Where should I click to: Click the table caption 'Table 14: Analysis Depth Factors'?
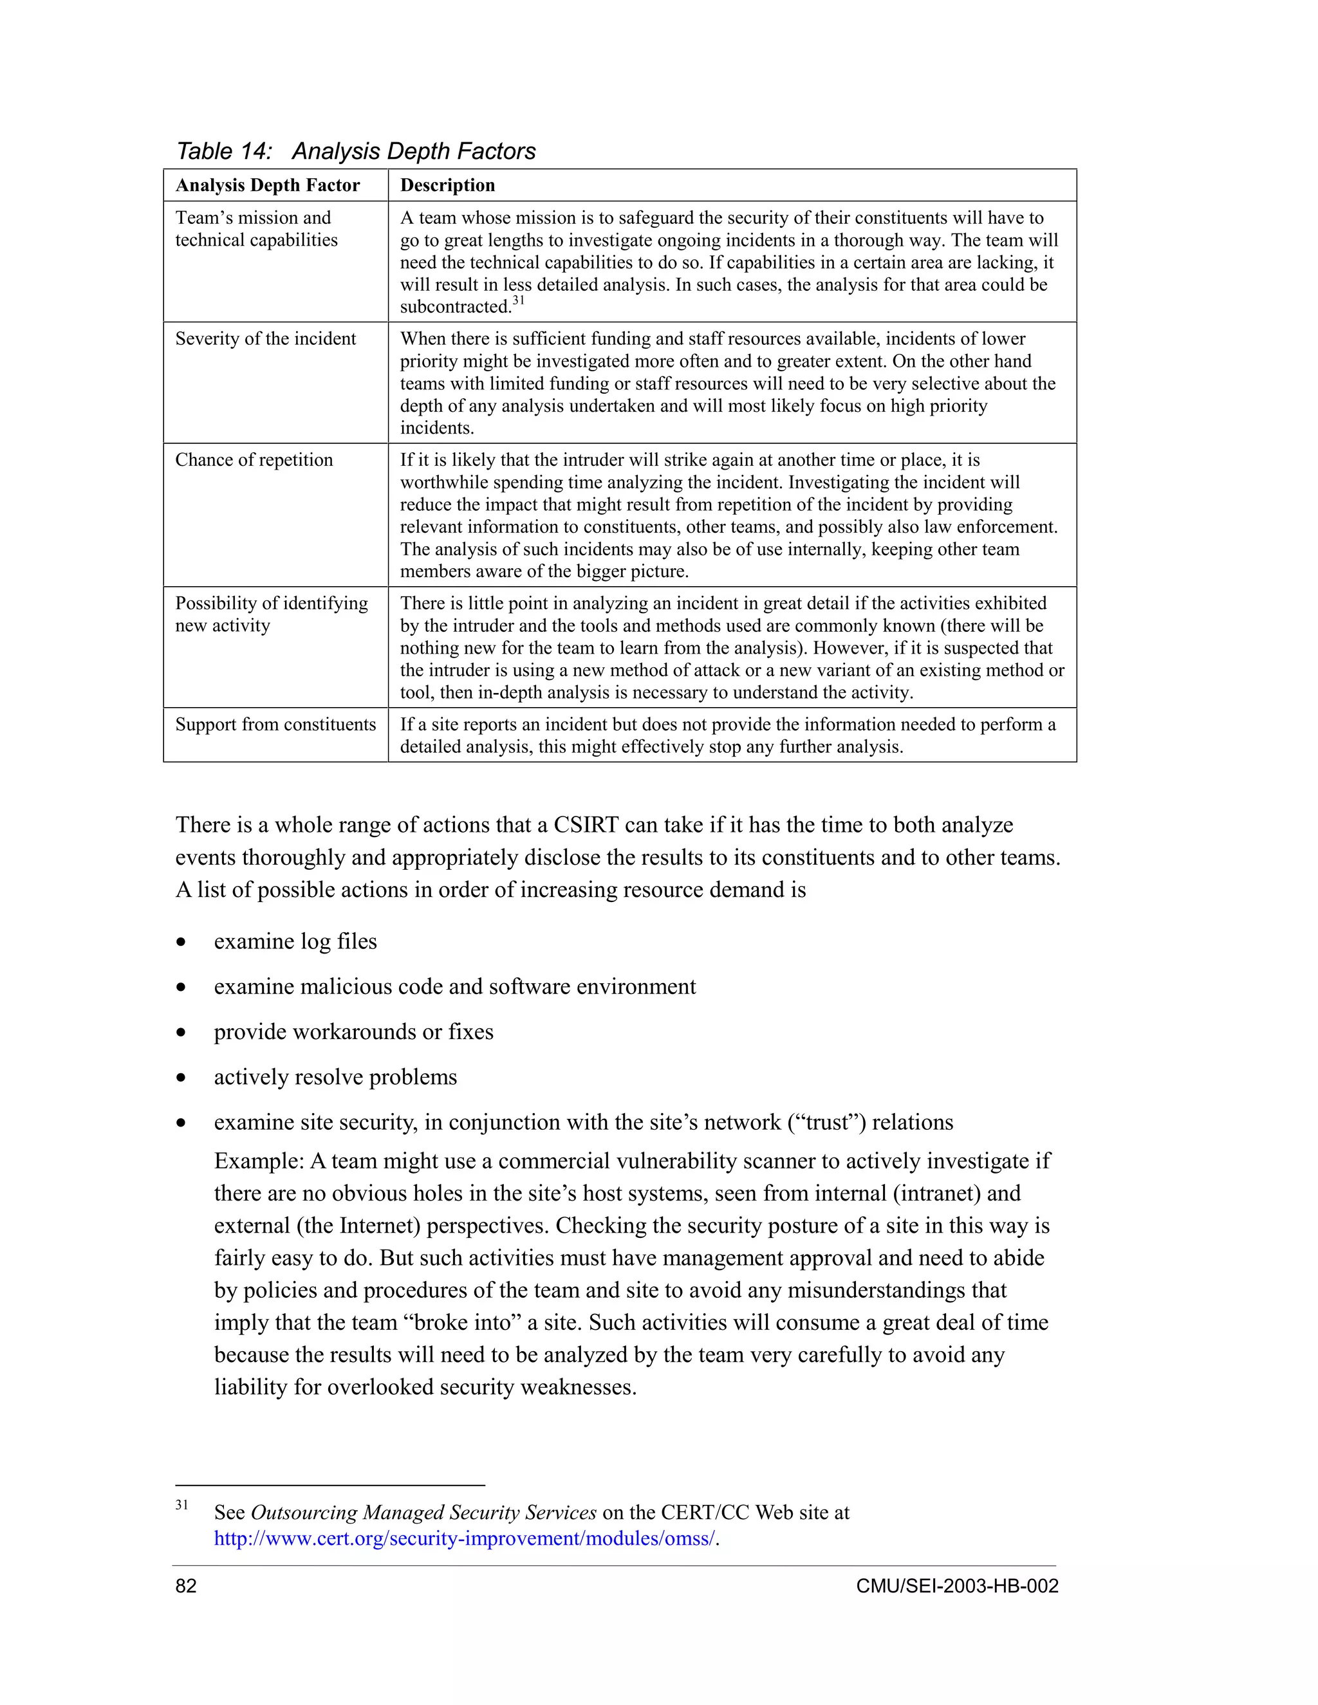pyautogui.click(x=355, y=151)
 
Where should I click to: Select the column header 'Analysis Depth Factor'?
pyautogui.click(x=267, y=185)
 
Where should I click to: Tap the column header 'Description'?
pyautogui.click(x=447, y=185)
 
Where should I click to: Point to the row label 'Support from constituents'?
pyautogui.click(x=275, y=724)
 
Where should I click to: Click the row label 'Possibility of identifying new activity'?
pyautogui.click(x=271, y=614)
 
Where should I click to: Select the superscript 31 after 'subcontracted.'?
pyautogui.click(x=519, y=300)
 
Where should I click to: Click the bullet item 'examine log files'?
pyautogui.click(x=295, y=941)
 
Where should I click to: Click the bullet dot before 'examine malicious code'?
pyautogui.click(x=181, y=988)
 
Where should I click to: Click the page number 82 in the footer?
pyautogui.click(x=186, y=1585)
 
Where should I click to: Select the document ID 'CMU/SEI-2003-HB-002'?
pyautogui.click(x=956, y=1585)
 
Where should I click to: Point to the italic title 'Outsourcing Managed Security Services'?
pyautogui.click(x=423, y=1512)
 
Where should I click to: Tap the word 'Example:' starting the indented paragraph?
pyautogui.click(x=259, y=1161)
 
